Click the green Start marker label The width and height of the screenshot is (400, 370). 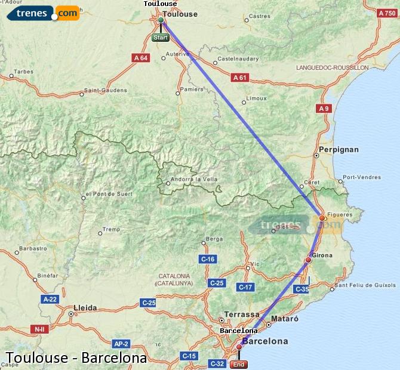[161, 38]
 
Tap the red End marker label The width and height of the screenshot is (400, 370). [239, 365]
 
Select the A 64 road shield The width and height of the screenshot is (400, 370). [141, 58]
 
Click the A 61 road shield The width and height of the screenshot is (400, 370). [240, 78]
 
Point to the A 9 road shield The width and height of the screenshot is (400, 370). [324, 108]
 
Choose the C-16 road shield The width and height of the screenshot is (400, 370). [208, 259]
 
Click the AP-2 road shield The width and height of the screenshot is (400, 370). [121, 344]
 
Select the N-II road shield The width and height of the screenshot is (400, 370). [39, 329]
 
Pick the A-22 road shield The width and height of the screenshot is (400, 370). [50, 298]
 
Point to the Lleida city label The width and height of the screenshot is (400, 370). [84, 308]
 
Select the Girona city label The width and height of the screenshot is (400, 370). [322, 255]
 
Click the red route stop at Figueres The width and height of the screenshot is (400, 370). [322, 218]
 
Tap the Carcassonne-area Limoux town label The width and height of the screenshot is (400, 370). [257, 98]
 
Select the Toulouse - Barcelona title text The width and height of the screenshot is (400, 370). [76, 358]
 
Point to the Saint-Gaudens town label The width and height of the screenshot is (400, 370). [105, 90]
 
